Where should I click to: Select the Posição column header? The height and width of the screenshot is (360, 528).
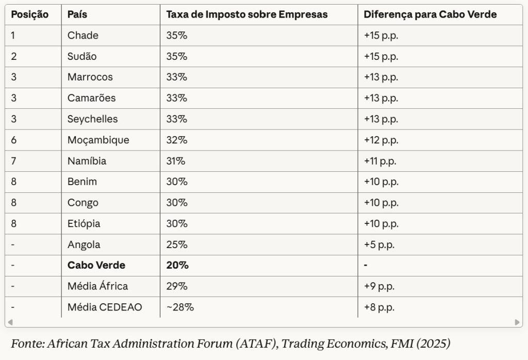pos(30,14)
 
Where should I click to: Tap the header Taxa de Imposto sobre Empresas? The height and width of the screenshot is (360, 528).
pos(247,14)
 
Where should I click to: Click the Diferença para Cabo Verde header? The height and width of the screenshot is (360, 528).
pos(430,14)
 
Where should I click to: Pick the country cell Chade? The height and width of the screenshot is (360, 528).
pos(83,36)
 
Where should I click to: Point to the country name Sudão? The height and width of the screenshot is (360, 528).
pos(82,56)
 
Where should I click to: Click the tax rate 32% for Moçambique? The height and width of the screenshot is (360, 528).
pos(177,140)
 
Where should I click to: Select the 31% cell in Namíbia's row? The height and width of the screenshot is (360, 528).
pos(176,161)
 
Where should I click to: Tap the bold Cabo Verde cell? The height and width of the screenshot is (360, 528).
pos(96,266)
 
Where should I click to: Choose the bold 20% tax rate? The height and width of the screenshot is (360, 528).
pos(177,266)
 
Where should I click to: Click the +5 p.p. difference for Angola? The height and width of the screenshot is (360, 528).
pos(379,244)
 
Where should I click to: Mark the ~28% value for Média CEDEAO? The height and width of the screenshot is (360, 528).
pos(180,307)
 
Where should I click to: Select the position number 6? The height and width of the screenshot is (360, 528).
pos(14,140)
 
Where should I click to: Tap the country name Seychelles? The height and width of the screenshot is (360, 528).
pos(93,119)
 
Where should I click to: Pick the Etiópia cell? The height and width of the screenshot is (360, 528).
pos(84,224)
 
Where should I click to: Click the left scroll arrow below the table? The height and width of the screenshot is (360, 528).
pos(10,322)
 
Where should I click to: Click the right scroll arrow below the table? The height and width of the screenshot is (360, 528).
pos(517,322)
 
